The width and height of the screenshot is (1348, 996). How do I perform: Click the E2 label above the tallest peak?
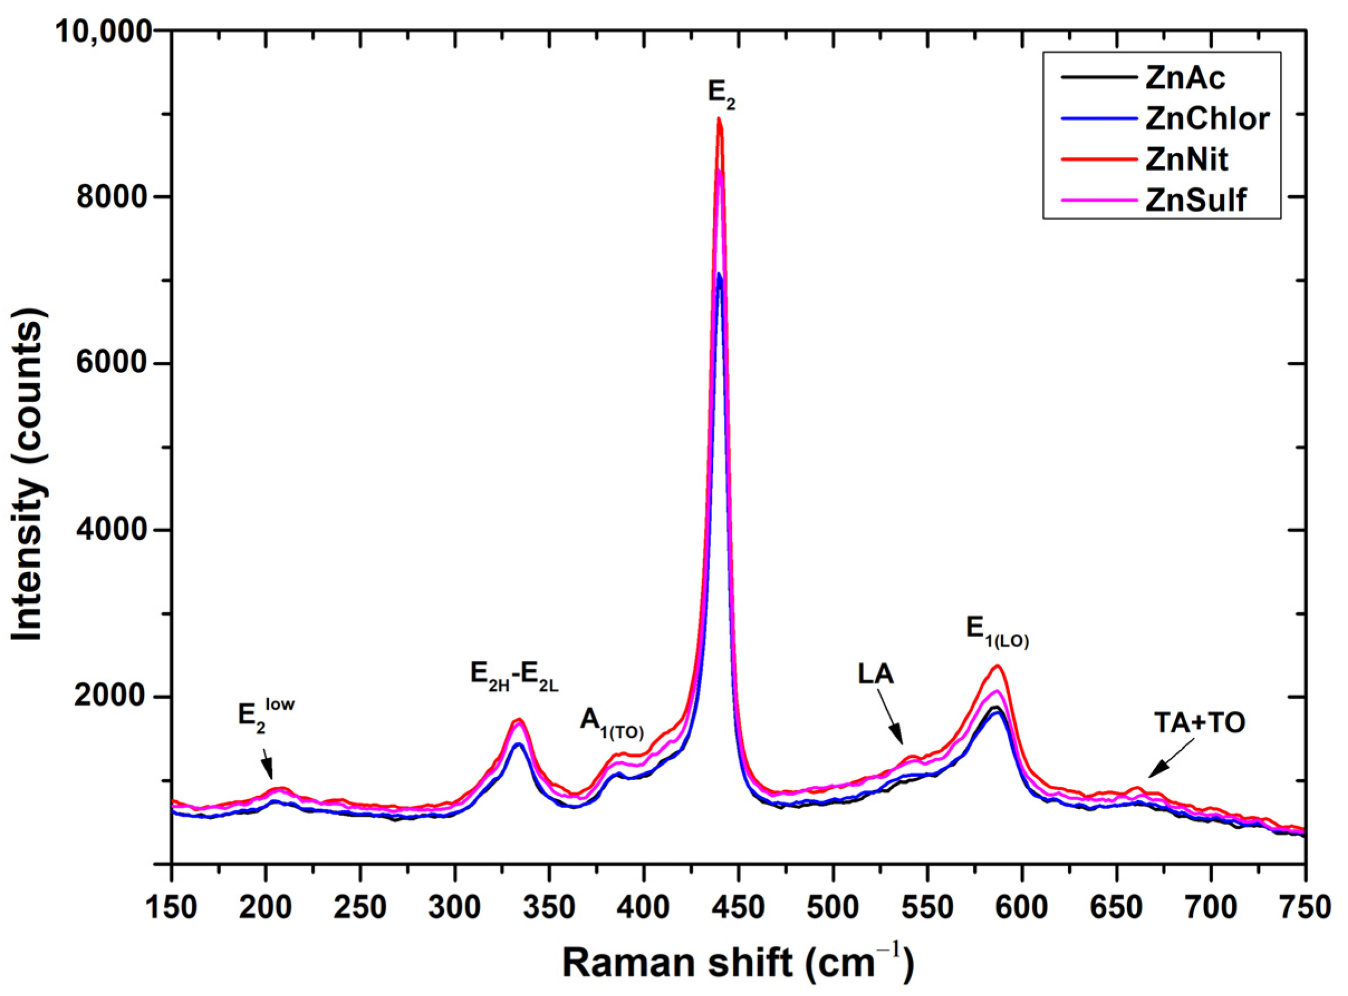pos(721,95)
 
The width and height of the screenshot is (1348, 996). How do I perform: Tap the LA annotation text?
pos(876,675)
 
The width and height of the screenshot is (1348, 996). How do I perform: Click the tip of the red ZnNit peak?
pos(718,119)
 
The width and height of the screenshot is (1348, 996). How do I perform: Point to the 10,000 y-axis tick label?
pos(103,31)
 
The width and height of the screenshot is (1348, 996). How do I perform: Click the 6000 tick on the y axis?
pos(113,364)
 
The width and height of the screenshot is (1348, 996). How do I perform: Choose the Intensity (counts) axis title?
pos(29,446)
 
